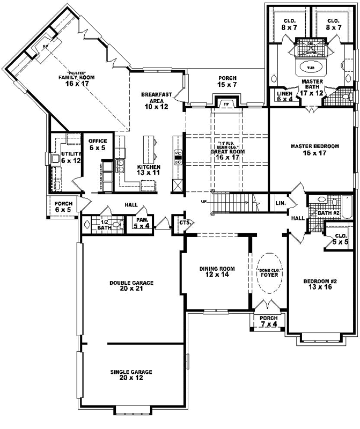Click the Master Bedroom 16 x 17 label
(x=315, y=150)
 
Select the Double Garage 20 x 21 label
(x=131, y=286)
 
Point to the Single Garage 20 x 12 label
(x=131, y=375)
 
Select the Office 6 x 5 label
(x=98, y=144)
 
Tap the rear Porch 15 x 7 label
(x=227, y=82)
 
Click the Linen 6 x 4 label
(x=284, y=95)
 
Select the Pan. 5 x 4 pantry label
(x=142, y=222)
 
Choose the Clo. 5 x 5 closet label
(x=340, y=239)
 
